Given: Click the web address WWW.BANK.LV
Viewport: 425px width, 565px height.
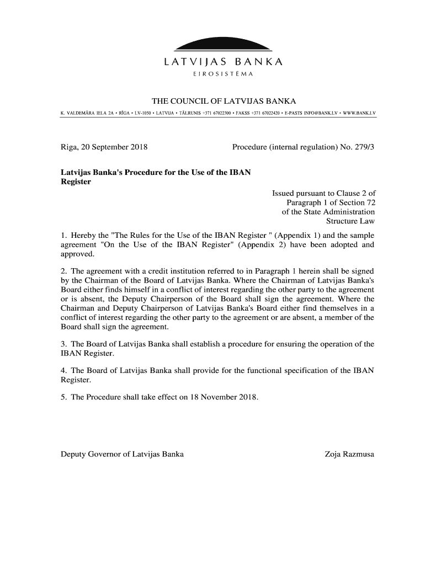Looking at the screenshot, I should (x=357, y=113).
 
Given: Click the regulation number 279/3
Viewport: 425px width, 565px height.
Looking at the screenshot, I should (x=363, y=147).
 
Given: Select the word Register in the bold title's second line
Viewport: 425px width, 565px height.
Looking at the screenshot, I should (x=76, y=182).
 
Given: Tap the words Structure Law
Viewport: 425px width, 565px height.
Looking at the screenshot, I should (x=350, y=221).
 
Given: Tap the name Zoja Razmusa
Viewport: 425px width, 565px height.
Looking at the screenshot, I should (x=349, y=454).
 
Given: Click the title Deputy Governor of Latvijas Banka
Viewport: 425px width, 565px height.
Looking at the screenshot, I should (x=122, y=454).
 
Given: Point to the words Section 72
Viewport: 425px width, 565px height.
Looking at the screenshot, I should (x=354, y=202).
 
